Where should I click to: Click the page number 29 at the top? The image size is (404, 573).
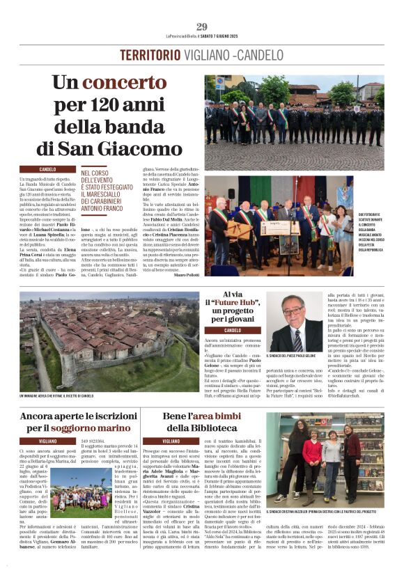201,27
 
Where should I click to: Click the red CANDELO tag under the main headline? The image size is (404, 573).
48,169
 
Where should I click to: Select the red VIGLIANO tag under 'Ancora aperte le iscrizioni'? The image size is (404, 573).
48,441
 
